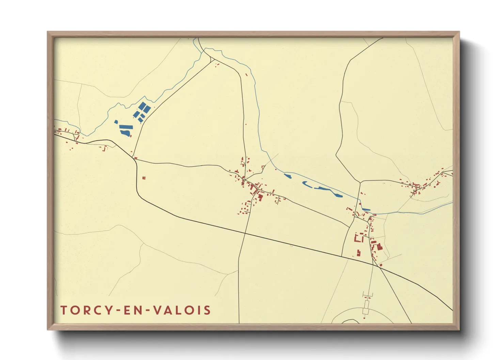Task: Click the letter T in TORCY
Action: (64, 310)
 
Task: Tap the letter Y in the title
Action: (109, 310)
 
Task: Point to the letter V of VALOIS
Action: (157, 310)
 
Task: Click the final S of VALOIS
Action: (206, 310)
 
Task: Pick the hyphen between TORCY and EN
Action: (118, 310)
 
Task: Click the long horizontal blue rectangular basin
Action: (126, 127)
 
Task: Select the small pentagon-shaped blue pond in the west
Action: (116, 122)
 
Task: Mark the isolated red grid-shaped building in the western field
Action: (144, 178)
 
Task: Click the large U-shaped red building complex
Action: (358, 238)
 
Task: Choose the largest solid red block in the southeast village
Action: (379, 247)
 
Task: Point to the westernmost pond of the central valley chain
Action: (288, 176)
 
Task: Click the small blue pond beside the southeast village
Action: (366, 209)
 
